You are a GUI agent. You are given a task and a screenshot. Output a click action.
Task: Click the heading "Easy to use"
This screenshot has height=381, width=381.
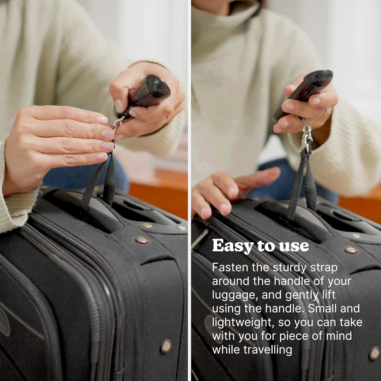pyautogui.click(x=260, y=246)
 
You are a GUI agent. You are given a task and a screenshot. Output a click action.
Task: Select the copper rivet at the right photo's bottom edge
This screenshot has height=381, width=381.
pyautogui.click(x=375, y=353)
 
